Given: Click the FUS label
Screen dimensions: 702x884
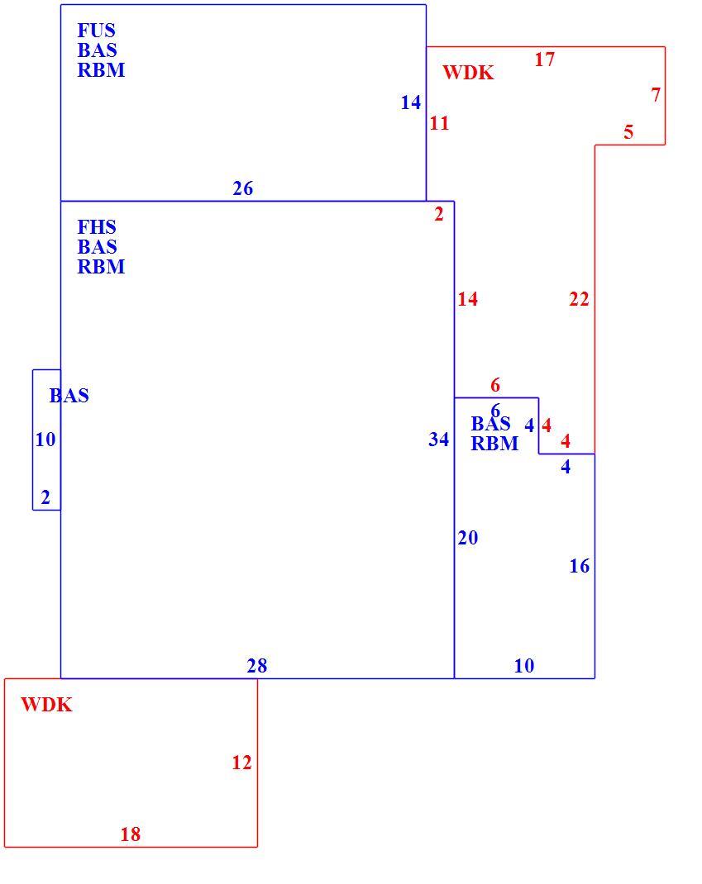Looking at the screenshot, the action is [96, 31].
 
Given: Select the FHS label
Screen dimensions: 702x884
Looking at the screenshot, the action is [97, 227].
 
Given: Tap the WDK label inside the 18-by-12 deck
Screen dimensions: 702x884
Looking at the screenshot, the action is [47, 705].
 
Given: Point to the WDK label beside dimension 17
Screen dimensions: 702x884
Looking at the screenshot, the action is [468, 73].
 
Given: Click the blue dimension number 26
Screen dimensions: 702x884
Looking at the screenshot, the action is [242, 188].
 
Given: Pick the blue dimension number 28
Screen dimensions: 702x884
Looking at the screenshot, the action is [257, 666].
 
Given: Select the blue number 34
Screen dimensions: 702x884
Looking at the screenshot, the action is [438, 440].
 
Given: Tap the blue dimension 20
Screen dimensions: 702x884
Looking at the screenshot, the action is [468, 538].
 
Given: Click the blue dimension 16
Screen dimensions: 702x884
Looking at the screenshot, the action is [580, 566].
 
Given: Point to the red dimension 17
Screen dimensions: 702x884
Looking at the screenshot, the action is [545, 59].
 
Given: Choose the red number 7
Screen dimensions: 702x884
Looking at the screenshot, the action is [656, 95].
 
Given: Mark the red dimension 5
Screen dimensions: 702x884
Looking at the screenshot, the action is [628, 132].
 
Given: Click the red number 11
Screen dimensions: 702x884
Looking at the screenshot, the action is [439, 123].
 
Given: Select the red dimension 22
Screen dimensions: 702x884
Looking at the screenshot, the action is [579, 299].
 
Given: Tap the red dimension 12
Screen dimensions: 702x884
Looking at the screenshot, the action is [241, 763].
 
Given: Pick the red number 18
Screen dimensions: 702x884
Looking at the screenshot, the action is [131, 834].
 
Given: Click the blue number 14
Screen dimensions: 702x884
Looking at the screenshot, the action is [411, 102].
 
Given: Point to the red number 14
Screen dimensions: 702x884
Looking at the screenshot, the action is [468, 299].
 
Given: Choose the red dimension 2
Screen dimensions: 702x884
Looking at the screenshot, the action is [439, 214].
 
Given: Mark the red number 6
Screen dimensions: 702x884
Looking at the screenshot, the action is [495, 385].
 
